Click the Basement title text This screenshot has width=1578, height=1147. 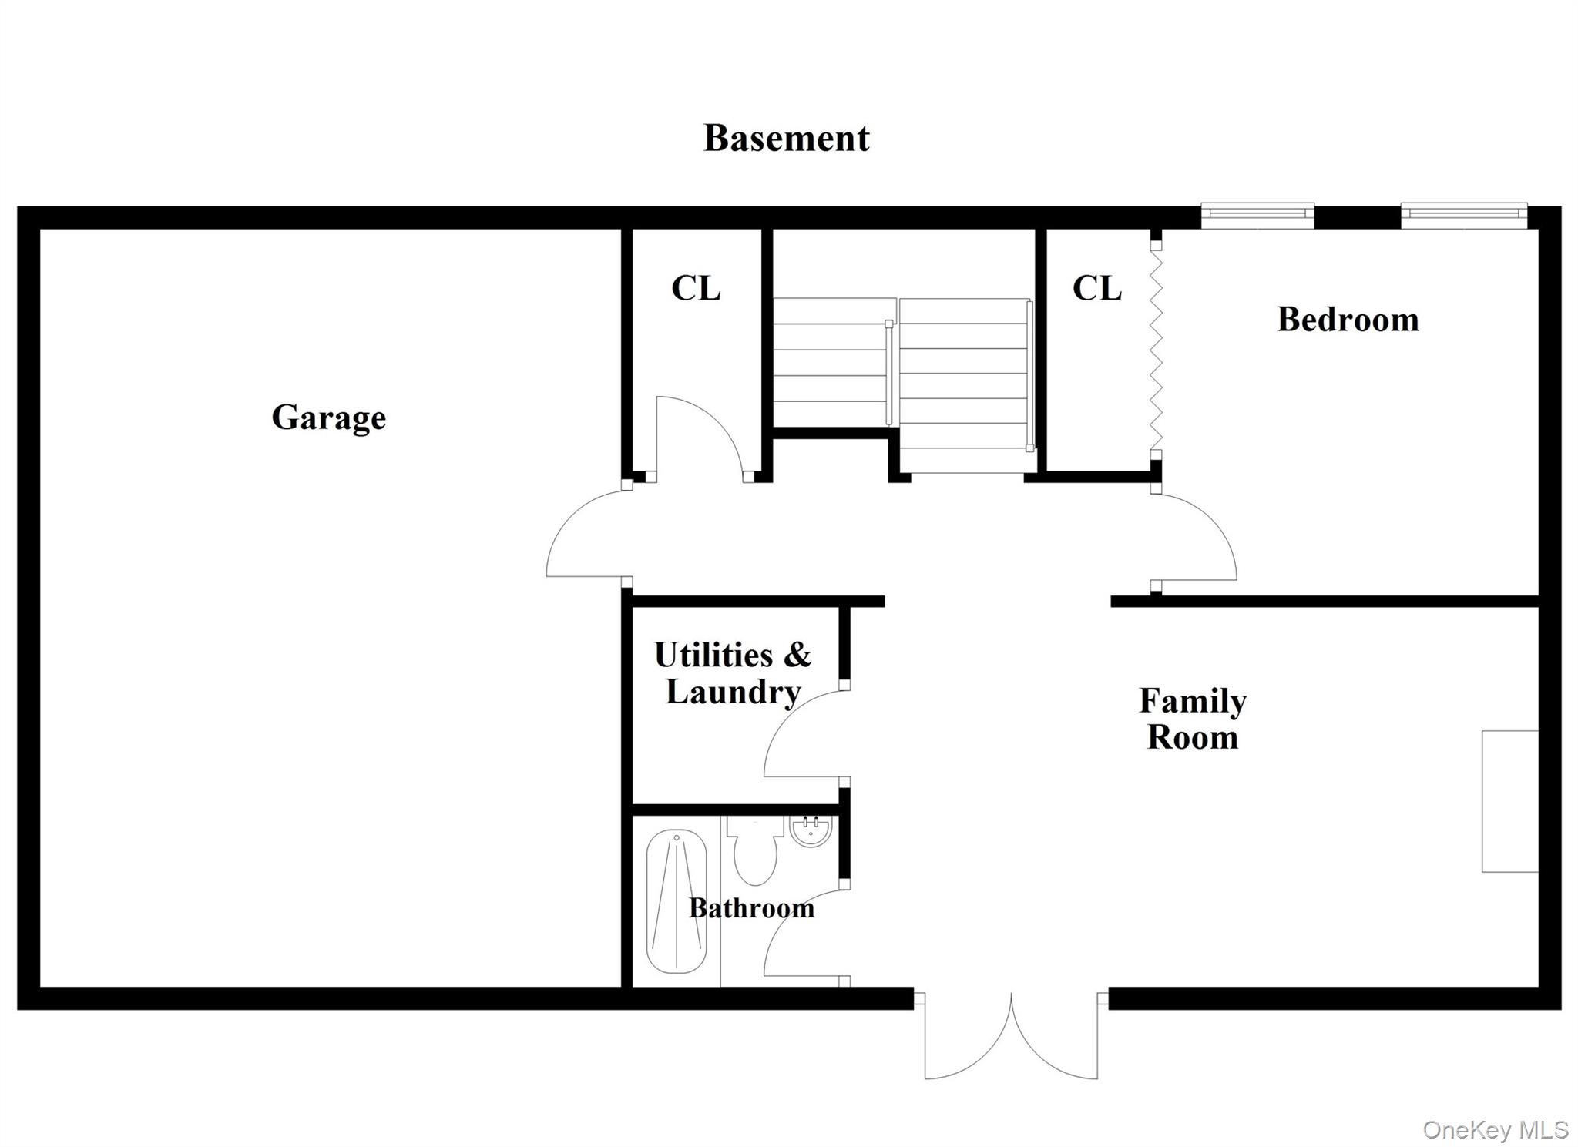[x=787, y=139]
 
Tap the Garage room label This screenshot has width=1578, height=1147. [x=329, y=418]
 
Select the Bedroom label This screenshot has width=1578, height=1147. [x=1348, y=320]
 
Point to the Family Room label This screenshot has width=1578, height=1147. [x=1193, y=719]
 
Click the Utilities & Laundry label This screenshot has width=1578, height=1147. [x=733, y=673]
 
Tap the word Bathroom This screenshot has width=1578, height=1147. [x=751, y=908]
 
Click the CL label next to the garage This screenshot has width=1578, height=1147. [x=696, y=289]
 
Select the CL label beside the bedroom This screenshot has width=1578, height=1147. [x=1096, y=289]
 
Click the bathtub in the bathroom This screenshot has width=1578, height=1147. [x=677, y=901]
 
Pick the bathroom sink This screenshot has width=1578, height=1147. [x=811, y=830]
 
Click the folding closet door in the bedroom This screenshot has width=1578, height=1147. [x=1155, y=350]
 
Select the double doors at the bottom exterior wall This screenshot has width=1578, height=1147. [x=1011, y=1036]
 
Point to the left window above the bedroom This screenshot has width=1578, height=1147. [x=1257, y=216]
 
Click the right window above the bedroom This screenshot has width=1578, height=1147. [x=1464, y=216]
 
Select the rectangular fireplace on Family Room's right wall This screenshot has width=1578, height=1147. [x=1510, y=801]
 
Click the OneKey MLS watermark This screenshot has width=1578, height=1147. [x=1496, y=1130]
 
